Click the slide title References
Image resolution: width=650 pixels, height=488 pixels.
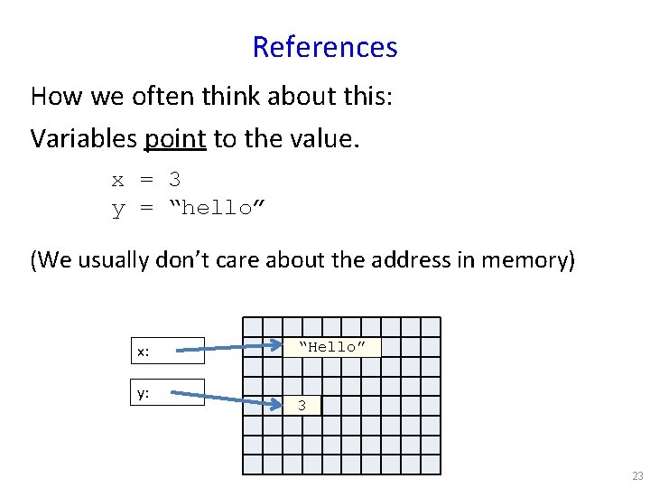[325, 47]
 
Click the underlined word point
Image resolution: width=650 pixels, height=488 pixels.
[175, 138]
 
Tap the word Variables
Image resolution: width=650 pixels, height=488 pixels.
[83, 138]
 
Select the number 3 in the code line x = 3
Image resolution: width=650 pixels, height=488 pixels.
[174, 180]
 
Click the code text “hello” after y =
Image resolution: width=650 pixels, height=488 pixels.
[217, 209]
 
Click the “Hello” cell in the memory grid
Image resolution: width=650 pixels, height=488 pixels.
[331, 347]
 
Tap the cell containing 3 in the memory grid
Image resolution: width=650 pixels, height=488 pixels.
[302, 406]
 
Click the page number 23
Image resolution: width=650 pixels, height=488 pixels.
[637, 476]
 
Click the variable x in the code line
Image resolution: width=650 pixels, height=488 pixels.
[117, 180]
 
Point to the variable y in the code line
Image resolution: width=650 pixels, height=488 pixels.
[117, 210]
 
